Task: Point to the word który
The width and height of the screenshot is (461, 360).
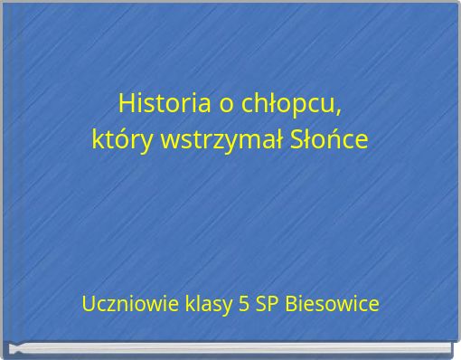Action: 123,140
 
